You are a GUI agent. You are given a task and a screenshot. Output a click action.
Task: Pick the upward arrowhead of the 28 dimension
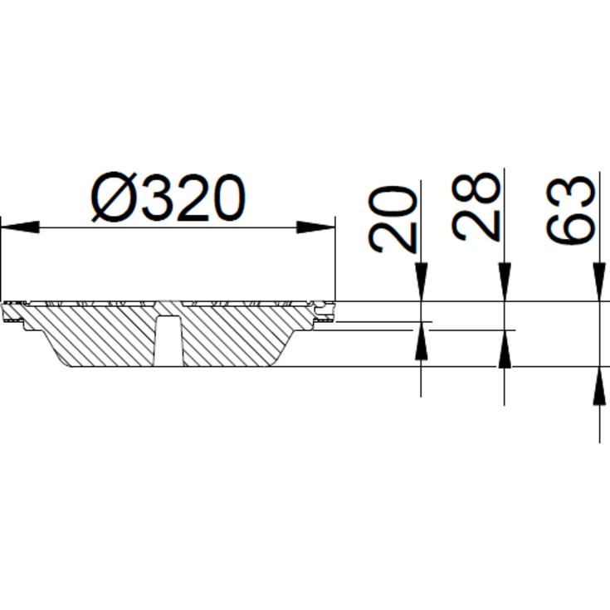[504, 349]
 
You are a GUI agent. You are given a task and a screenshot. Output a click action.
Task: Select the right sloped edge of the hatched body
[291, 341]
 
